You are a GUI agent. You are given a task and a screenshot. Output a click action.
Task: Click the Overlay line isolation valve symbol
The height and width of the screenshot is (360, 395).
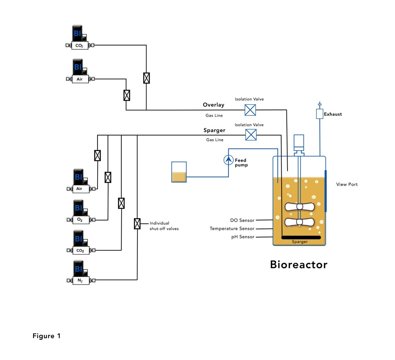[x=250, y=110]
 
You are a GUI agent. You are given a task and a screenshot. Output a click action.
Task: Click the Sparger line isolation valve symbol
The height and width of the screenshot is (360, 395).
[x=251, y=135]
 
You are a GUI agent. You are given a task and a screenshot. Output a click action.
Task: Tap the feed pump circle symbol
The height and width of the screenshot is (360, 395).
[x=228, y=160]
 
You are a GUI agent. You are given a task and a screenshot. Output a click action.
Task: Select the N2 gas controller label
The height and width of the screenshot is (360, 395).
[x=81, y=281]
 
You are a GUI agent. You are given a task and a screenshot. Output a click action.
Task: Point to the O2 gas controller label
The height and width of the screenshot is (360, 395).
[x=81, y=220]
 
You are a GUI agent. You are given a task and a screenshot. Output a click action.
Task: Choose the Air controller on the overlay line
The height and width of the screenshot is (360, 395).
[x=79, y=79]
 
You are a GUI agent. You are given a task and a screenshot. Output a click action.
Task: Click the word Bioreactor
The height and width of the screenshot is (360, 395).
[x=299, y=264]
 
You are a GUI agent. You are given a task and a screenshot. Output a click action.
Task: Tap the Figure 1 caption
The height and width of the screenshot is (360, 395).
[x=47, y=336]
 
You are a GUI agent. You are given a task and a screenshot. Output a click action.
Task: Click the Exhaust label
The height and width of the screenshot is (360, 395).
[x=333, y=114]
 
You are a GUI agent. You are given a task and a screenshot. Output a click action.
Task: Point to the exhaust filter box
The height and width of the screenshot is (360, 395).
[x=320, y=114]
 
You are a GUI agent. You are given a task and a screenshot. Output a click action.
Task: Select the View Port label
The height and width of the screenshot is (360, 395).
[x=347, y=185]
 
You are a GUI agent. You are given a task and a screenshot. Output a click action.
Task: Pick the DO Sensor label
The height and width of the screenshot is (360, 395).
[x=242, y=221]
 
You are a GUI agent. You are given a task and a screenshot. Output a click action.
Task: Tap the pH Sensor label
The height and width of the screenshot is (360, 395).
[x=243, y=237]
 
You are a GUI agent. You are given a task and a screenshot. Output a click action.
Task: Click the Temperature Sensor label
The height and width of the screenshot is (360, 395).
[x=232, y=229]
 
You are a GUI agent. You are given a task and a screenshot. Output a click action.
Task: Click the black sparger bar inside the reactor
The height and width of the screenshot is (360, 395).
[x=300, y=237]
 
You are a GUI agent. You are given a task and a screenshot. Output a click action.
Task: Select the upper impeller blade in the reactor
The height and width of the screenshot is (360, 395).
[x=299, y=207]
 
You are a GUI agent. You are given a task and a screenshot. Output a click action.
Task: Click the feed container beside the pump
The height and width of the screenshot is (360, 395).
[x=179, y=172]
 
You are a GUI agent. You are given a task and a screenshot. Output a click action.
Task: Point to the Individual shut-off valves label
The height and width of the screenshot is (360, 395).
[x=164, y=226]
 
